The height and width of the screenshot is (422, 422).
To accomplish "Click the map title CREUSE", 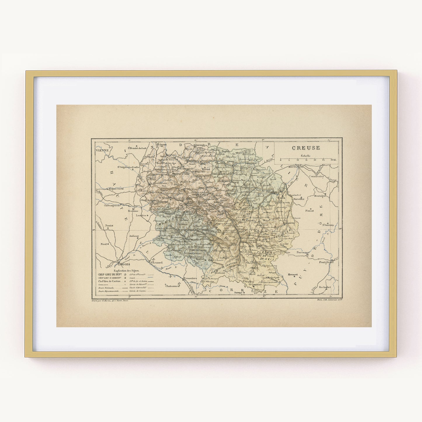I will pyautogui.click(x=306, y=148).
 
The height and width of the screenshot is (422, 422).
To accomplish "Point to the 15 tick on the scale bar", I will pyautogui.click(x=306, y=160).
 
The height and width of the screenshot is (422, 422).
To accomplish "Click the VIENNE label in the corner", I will pyautogui.click(x=102, y=150).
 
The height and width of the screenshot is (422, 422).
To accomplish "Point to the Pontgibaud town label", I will pyautogui.click(x=326, y=262).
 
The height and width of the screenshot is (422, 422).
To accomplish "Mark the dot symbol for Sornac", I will pyautogui.click(x=243, y=293).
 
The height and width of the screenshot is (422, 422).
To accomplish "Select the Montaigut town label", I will pyautogui.click(x=320, y=196).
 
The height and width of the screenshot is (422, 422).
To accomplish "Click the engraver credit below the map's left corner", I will pyautogui.click(x=110, y=300).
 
